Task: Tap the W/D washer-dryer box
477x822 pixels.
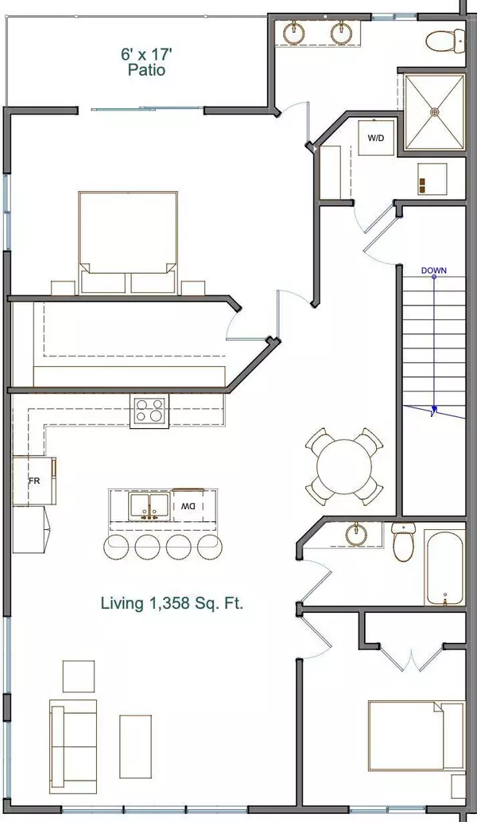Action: pos(375,138)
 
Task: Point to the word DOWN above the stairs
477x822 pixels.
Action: pos(433,271)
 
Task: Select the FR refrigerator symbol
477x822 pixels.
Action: pos(34,481)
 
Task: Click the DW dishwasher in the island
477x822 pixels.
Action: pos(188,506)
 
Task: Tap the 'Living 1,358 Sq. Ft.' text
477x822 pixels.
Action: pos(172,603)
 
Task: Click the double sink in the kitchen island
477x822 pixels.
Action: pos(148,506)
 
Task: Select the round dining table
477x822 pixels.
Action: pos(343,466)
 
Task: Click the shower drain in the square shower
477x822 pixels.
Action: pos(435,113)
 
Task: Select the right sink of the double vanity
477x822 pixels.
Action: pos(343,33)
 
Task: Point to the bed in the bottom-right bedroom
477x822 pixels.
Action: pos(415,736)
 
